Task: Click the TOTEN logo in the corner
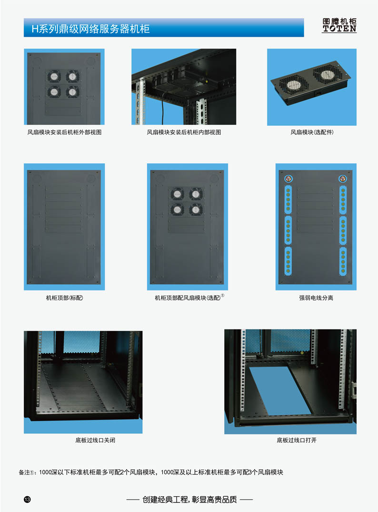point(339,25)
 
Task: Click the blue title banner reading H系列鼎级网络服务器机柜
point(164,28)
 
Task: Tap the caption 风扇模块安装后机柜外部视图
point(65,132)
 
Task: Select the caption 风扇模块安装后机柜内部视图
point(184,132)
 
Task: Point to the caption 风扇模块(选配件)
point(312,132)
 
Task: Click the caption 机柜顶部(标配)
point(65,298)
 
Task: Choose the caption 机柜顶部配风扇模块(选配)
point(188,298)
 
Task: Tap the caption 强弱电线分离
point(316,298)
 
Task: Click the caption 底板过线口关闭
point(95,440)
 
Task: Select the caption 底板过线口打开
point(297,440)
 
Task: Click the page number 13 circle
point(27,499)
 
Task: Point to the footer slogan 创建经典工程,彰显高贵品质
point(189,500)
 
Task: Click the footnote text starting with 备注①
point(151,472)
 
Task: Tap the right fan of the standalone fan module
point(327,74)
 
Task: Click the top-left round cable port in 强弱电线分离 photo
point(288,179)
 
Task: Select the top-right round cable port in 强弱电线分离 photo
point(342,179)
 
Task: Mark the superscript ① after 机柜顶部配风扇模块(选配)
point(223,296)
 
